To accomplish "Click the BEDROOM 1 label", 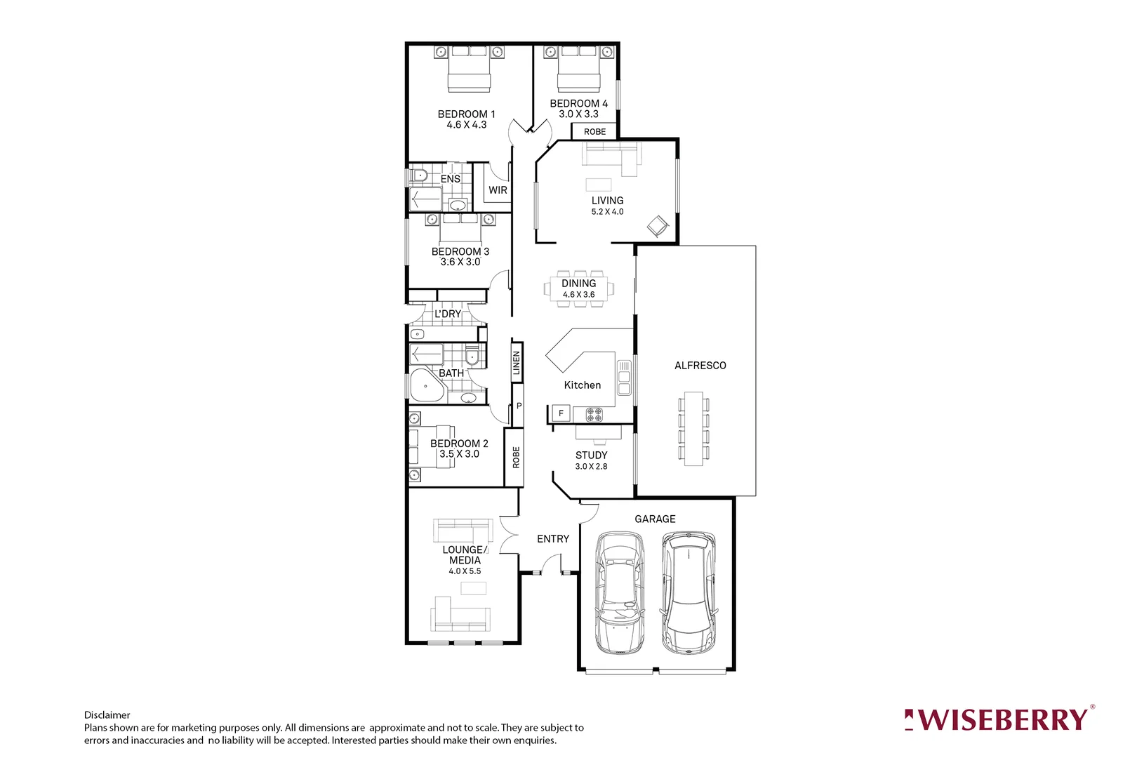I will (x=466, y=114).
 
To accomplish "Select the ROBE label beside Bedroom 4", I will (x=594, y=132).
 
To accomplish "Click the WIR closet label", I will (x=498, y=190).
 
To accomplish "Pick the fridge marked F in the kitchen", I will (x=561, y=414).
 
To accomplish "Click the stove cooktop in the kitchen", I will (x=594, y=414).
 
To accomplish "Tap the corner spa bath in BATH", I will (x=426, y=386).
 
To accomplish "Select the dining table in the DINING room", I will (x=578, y=288).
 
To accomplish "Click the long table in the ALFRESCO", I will (x=693, y=428).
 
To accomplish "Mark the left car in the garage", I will (x=620, y=593).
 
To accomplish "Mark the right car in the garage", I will (x=689, y=593).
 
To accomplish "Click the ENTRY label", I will (x=553, y=539).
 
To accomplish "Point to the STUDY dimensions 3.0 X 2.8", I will (x=591, y=467).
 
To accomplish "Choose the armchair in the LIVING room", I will (x=658, y=226).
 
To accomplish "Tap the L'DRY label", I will (x=448, y=314).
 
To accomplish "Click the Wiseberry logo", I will (x=999, y=720).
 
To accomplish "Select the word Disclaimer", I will (x=107, y=715).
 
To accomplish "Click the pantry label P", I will (x=519, y=406).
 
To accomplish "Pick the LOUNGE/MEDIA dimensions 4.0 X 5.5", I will (x=465, y=571).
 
